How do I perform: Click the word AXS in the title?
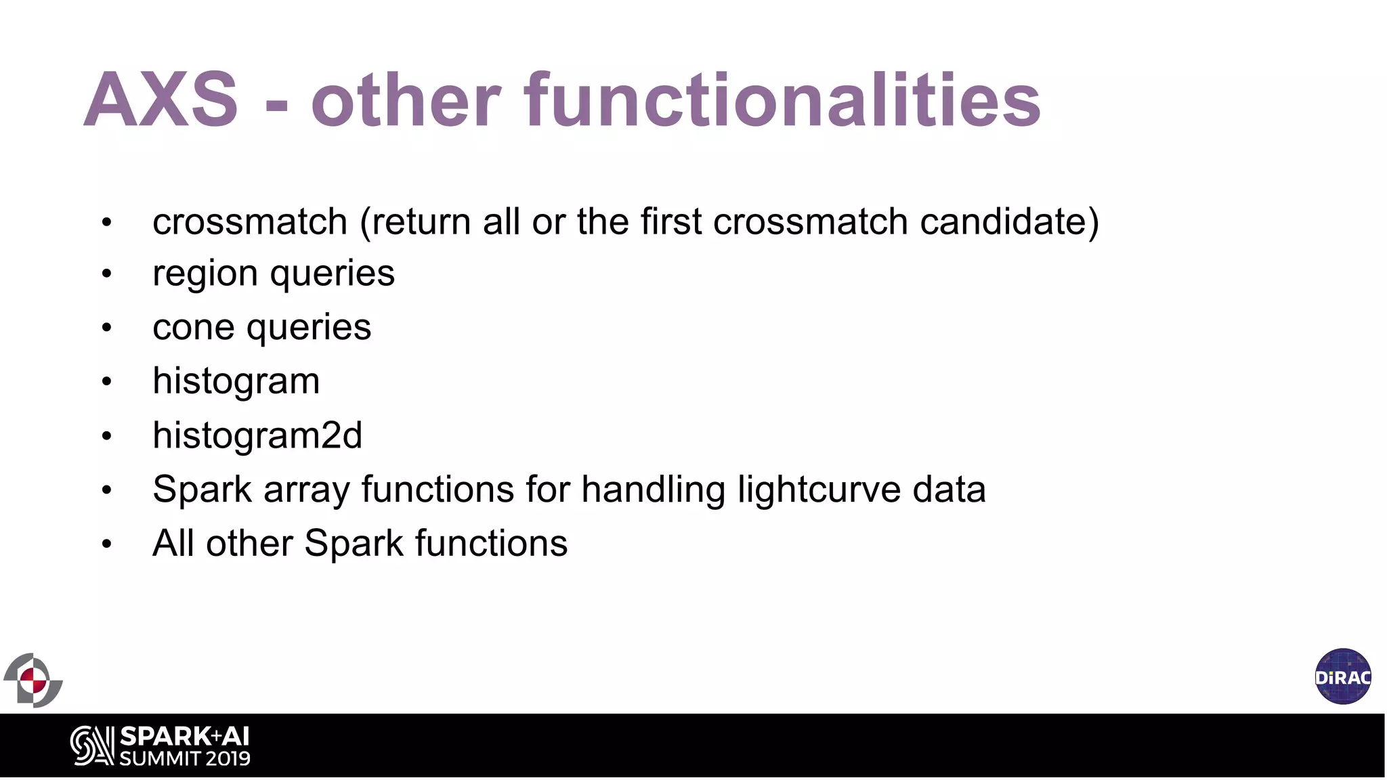tap(161, 100)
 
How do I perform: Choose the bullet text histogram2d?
tap(257, 435)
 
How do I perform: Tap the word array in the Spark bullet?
tap(306, 490)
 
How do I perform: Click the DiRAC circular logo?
tap(1343, 676)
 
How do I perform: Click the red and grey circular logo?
tap(33, 680)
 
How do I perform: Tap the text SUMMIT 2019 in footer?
tap(184, 758)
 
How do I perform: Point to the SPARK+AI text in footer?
tap(184, 736)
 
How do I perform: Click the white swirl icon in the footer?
tap(92, 746)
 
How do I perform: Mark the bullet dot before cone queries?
tap(106, 328)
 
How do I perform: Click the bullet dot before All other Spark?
tap(106, 544)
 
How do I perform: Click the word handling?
tap(653, 489)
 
